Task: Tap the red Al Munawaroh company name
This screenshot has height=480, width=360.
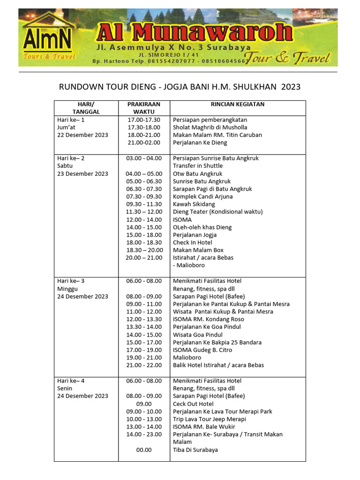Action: pyautogui.click(x=194, y=32)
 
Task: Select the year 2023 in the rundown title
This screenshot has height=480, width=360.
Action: pyautogui.click(x=291, y=87)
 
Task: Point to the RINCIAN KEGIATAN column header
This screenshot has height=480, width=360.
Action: pyautogui.click(x=238, y=104)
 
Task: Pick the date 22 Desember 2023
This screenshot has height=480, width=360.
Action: pyautogui.click(x=82, y=135)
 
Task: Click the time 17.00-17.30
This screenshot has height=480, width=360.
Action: pyautogui.click(x=144, y=120)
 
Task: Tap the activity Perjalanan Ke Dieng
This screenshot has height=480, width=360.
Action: pyautogui.click(x=200, y=142)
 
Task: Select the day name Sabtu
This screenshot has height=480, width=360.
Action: pyautogui.click(x=65, y=166)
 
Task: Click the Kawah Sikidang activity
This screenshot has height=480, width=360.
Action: pyautogui.click(x=194, y=204)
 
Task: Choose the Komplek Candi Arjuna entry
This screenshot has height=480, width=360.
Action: pyautogui.click(x=202, y=196)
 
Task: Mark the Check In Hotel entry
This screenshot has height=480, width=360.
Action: pyautogui.click(x=193, y=242)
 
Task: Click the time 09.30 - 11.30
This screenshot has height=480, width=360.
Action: pyautogui.click(x=144, y=204)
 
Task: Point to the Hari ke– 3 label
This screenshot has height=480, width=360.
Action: pyautogui.click(x=71, y=281)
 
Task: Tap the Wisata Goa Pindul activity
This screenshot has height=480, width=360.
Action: pyautogui.click(x=198, y=335)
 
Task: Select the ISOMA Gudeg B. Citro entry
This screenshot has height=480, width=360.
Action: pyautogui.click(x=202, y=350)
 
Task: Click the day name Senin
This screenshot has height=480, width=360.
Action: pyautogui.click(x=64, y=388)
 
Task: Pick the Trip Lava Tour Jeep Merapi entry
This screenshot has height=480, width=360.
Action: pyautogui.click(x=209, y=419)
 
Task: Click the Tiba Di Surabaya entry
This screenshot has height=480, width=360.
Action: pyautogui.click(x=195, y=450)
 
